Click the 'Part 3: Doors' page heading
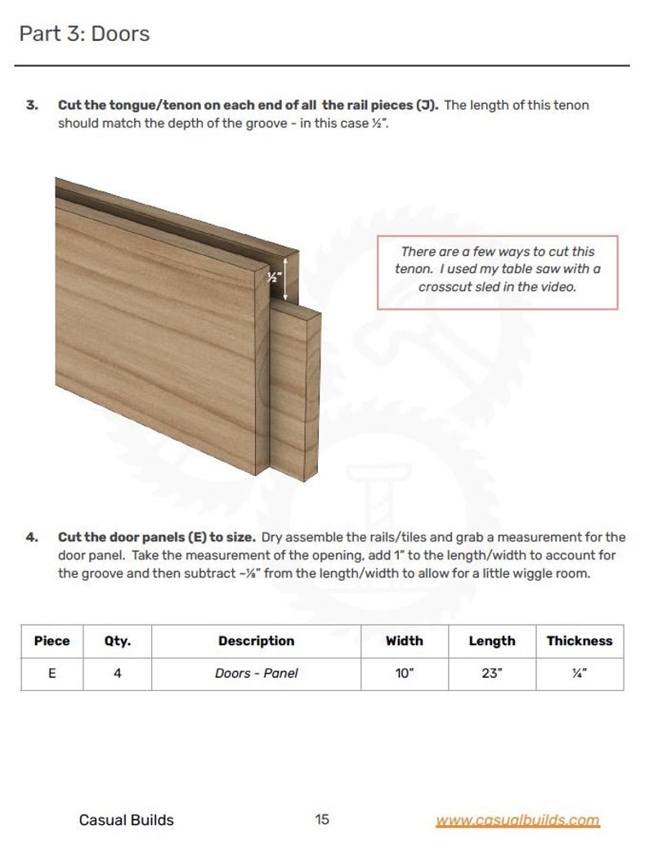click(84, 34)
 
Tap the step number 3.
click(31, 105)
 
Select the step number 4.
click(31, 537)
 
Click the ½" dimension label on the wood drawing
click(274, 277)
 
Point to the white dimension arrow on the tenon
click(284, 276)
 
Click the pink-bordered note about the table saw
click(497, 272)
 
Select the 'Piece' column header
click(51, 641)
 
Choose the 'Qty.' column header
click(117, 641)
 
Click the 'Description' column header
click(256, 641)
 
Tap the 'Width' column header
click(404, 641)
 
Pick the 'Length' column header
click(491, 641)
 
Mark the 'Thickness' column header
click(579, 641)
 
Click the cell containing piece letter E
click(51, 674)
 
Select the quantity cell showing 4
click(117, 674)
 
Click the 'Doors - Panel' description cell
click(256, 674)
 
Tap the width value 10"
click(404, 674)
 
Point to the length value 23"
click(491, 674)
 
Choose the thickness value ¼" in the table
click(579, 674)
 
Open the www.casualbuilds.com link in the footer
click(517, 820)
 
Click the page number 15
click(322, 819)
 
